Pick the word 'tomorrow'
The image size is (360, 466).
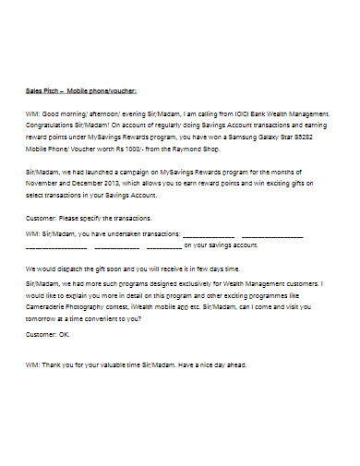(45, 318)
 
